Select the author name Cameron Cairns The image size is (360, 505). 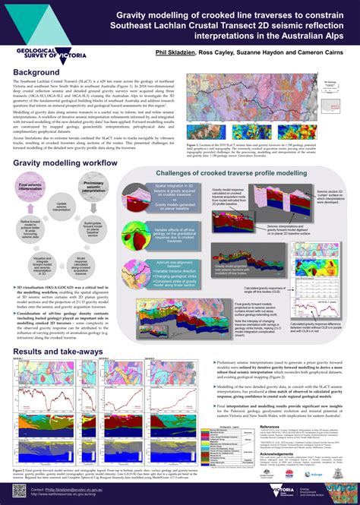pos(315,55)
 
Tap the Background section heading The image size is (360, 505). pos(36,72)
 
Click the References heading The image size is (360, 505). pos(273,428)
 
